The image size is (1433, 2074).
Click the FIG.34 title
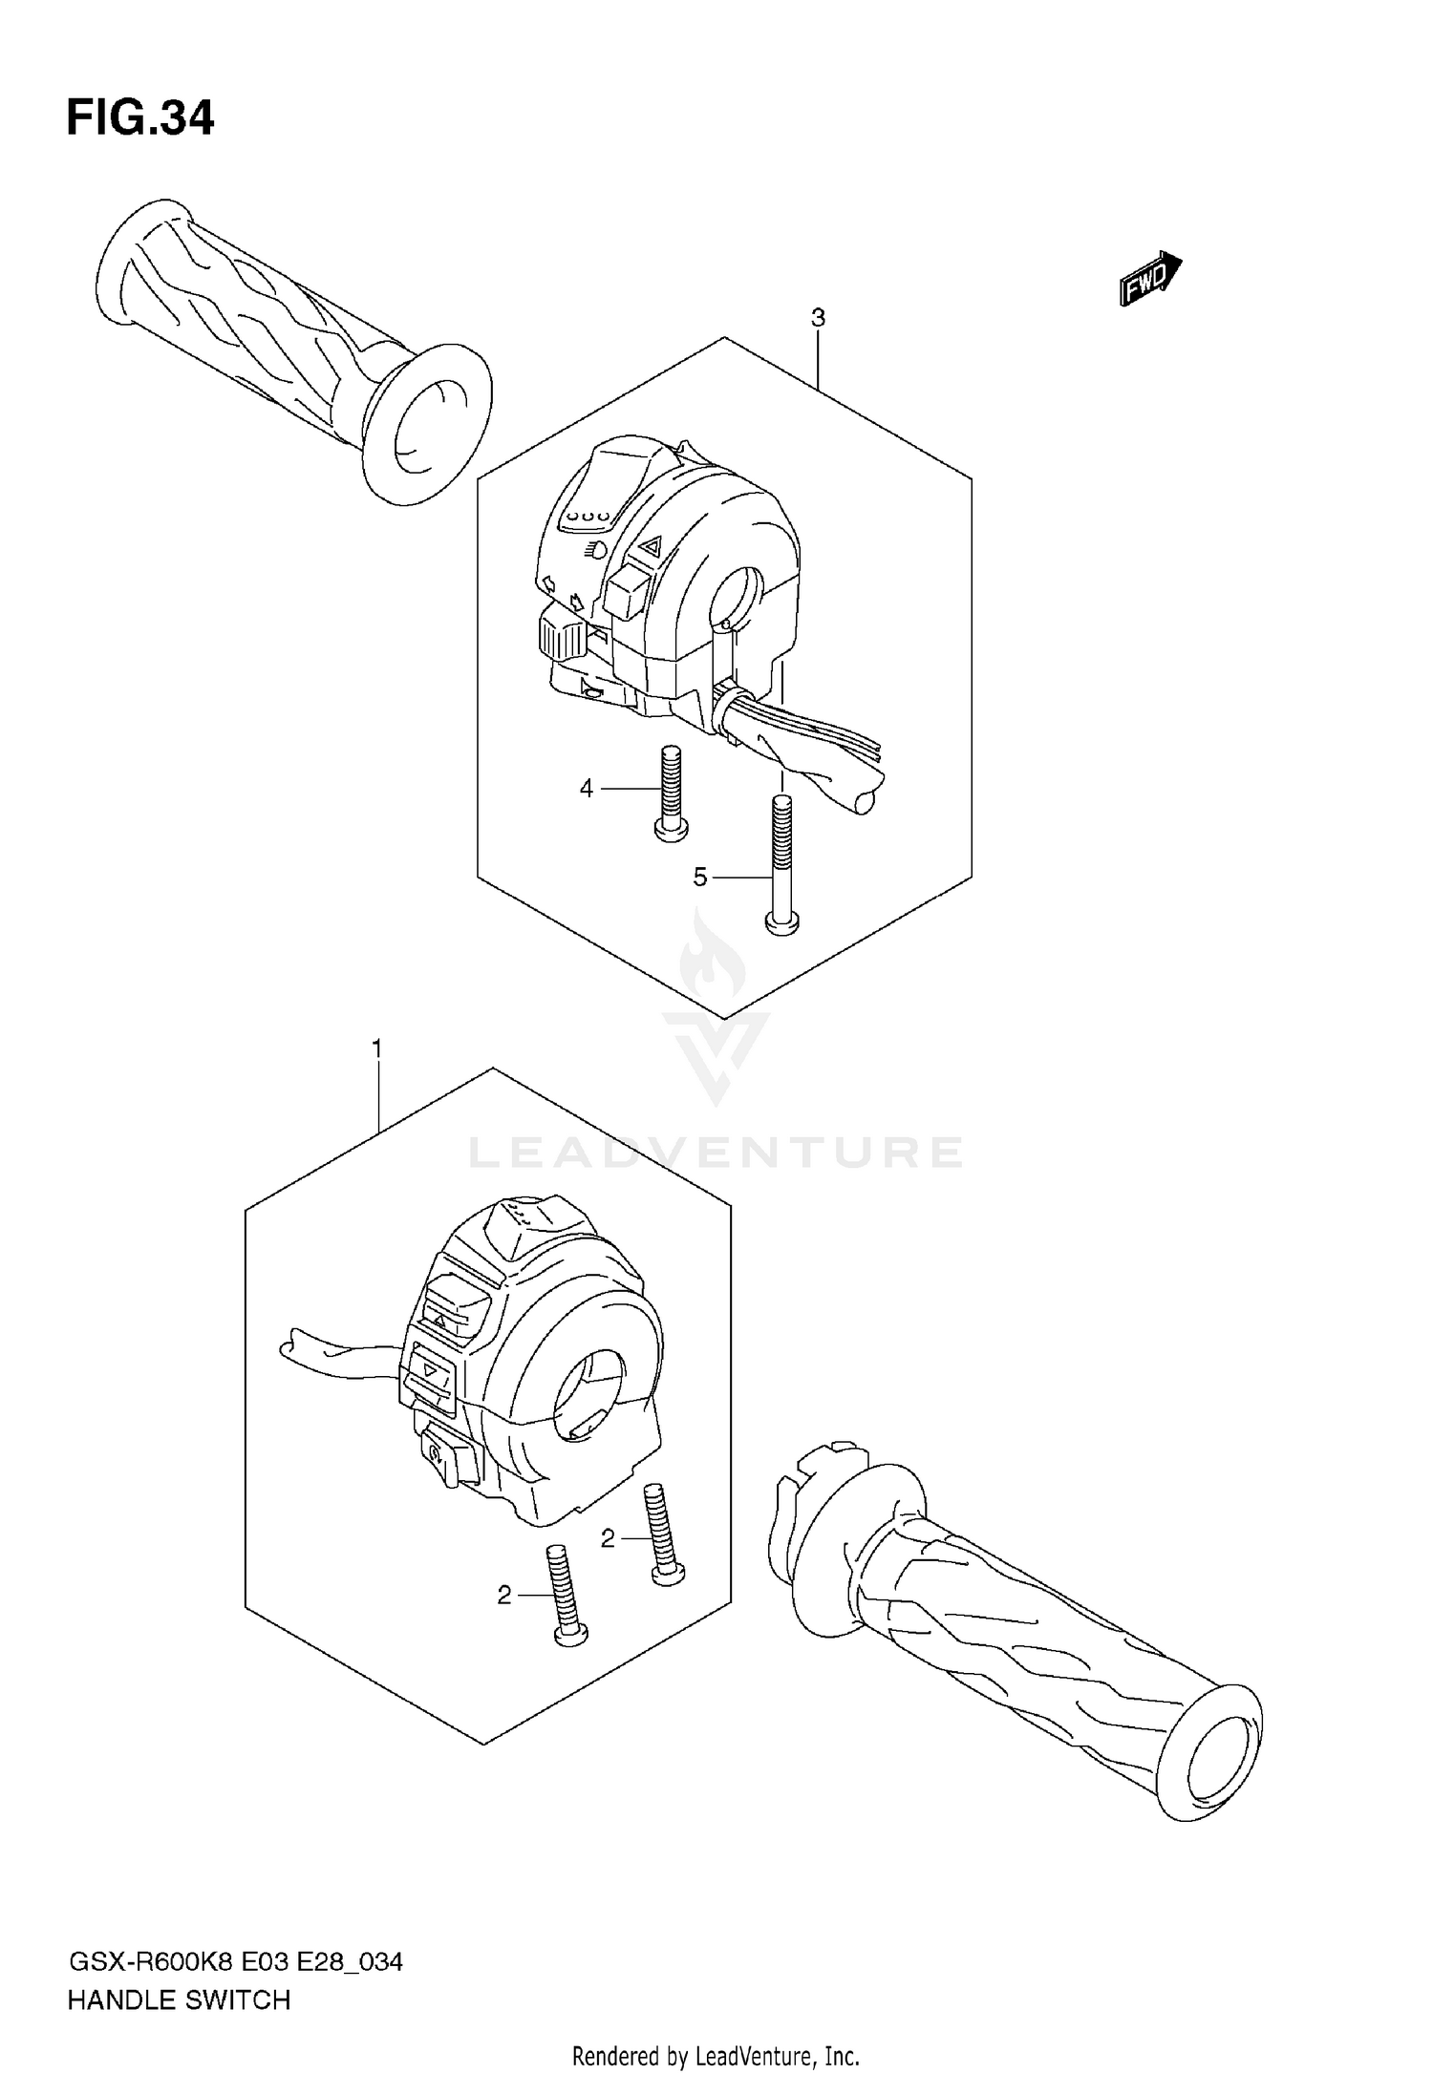[x=140, y=118]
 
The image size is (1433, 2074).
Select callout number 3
[x=818, y=318]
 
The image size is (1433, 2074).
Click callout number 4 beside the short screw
[x=587, y=789]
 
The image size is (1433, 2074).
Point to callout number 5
[x=700, y=877]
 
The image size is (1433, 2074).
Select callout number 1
[x=377, y=1049]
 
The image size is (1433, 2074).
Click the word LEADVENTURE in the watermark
[x=715, y=1153]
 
